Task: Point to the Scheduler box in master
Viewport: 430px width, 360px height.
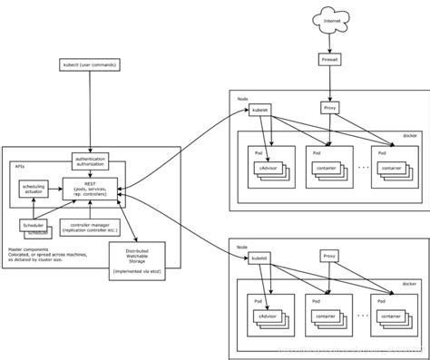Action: [34, 224]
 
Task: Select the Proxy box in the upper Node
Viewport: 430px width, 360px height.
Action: [329, 109]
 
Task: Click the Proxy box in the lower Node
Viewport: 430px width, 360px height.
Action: [329, 257]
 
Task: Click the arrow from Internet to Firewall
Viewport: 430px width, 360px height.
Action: [329, 41]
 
